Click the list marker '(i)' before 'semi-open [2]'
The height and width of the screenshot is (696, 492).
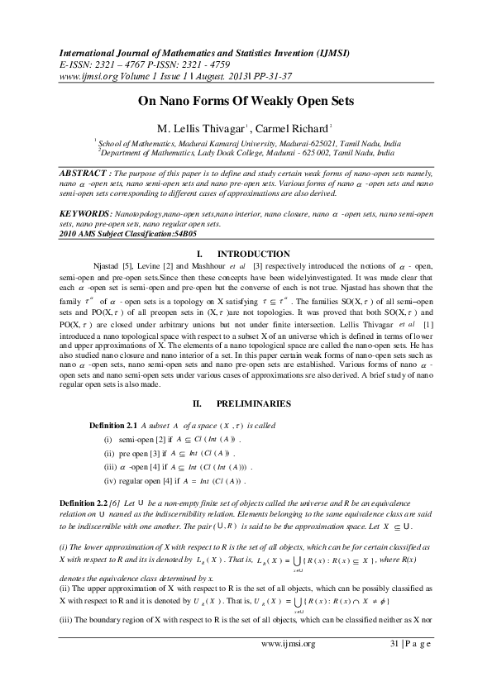[x=108, y=439]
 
